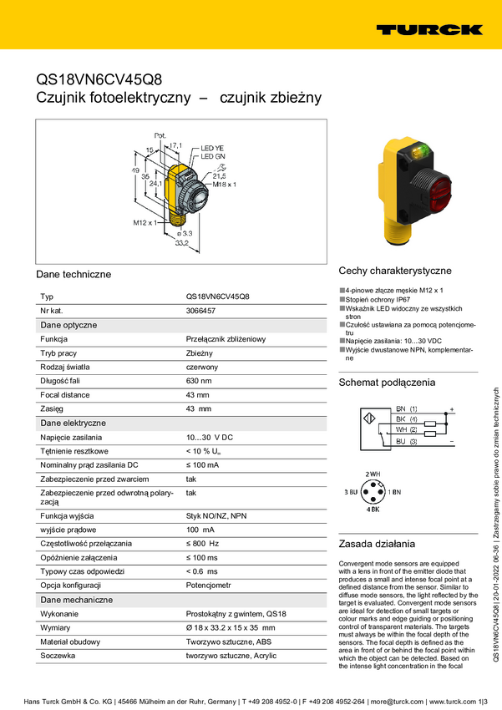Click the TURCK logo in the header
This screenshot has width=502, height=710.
click(428, 29)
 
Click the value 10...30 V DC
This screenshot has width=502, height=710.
click(209, 437)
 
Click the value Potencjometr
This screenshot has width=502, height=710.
click(209, 586)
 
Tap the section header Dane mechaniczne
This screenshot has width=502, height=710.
click(77, 600)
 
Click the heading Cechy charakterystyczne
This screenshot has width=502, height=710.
click(394, 271)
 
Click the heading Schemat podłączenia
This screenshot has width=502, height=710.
click(386, 383)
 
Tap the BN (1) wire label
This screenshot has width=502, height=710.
click(407, 408)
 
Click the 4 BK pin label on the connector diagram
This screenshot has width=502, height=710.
click(373, 509)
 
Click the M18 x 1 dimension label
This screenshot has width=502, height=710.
click(224, 184)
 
